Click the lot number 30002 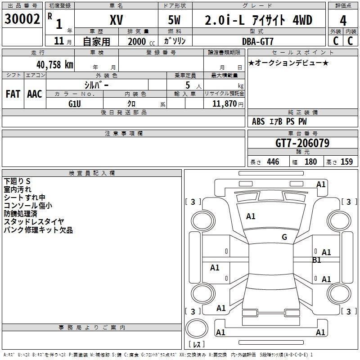pos(22,19)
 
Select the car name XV pos(116,20)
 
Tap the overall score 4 pos(343,20)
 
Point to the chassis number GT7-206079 pos(302,143)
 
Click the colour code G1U pos(74,103)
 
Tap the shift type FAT pos(13,94)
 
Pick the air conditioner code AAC pos(35,94)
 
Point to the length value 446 pos(273,162)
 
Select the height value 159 pos(346,162)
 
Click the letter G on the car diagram pos(284,237)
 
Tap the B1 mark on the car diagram pos(317,260)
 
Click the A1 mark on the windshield pos(251,216)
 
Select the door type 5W pos(175,20)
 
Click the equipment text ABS pos(258,121)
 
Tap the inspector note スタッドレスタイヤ pos(34,221)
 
